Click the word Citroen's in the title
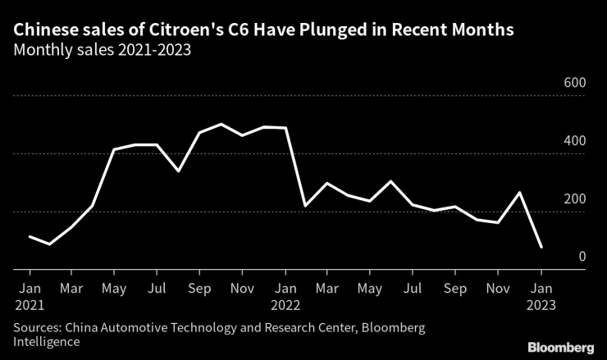point(168,31)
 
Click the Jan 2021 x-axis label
point(30,296)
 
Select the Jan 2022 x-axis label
point(285,296)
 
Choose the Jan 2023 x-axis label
point(541,296)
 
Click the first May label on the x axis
point(115,289)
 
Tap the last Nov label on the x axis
point(498,289)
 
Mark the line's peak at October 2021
point(221,124)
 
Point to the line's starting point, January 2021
point(30,236)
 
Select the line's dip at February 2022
point(306,205)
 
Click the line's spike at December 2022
point(519,192)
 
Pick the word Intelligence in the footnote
point(47,342)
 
